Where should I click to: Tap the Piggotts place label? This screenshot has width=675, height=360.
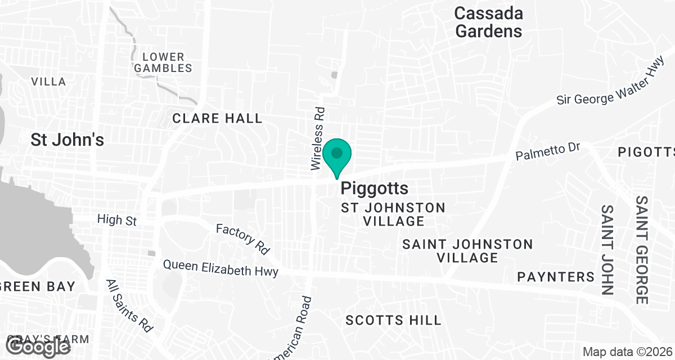coord(374,188)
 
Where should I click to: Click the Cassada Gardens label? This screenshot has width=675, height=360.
coord(488,22)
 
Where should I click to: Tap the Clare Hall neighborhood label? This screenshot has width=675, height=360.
coord(217,118)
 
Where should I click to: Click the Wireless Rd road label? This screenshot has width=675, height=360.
coord(318,138)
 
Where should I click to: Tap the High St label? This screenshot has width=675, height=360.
coord(117,219)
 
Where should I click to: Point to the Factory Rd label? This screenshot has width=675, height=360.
coord(243,237)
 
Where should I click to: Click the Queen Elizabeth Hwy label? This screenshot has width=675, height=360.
coord(220,268)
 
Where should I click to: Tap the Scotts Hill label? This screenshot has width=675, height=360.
coord(393,321)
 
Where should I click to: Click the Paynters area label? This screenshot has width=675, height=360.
coord(556,277)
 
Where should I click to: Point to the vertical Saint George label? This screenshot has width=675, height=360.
coord(642,250)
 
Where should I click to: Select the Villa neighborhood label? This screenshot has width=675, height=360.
coord(48,82)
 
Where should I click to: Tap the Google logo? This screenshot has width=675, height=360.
coord(39,346)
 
